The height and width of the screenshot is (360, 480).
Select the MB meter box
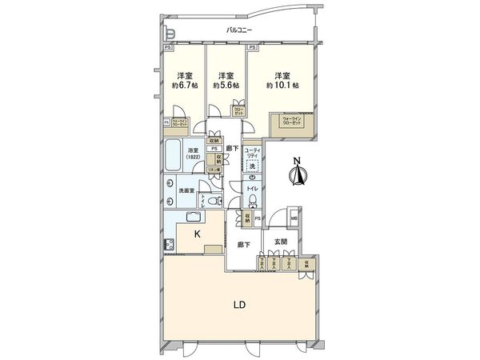(294, 219)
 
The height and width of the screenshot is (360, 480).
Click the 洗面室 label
(188, 190)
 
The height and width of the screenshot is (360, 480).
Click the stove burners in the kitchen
(170, 245)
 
